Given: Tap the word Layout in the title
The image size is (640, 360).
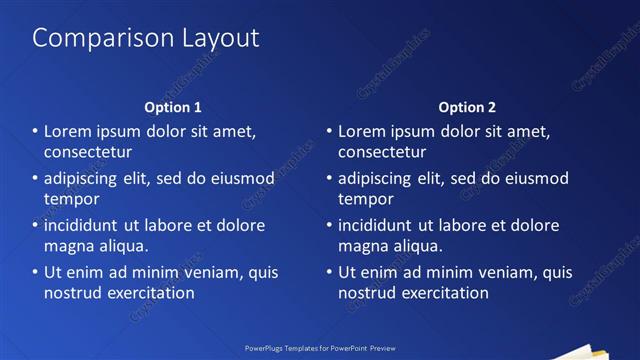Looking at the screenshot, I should [212, 38].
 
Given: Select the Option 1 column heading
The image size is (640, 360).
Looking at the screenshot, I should [173, 107].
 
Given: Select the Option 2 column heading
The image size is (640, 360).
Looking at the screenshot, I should [467, 107].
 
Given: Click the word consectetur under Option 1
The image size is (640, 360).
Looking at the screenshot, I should [88, 152].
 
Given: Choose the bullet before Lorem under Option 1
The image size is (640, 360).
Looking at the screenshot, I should [35, 131].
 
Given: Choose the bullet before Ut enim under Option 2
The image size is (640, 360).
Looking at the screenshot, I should [329, 272].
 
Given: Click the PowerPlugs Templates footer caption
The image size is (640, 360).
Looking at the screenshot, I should [320, 349].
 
